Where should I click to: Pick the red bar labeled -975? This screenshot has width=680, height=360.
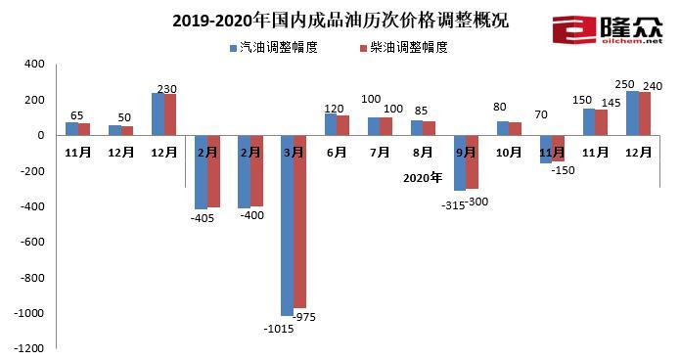coord(300,221)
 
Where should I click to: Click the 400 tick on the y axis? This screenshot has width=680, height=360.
coord(34,65)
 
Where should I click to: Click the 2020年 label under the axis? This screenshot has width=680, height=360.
coord(423,178)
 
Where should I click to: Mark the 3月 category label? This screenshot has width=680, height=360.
coord(294,154)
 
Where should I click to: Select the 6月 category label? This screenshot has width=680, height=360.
coord(337,154)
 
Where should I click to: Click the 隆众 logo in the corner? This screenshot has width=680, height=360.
coord(608,29)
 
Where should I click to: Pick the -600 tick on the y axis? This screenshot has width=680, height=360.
coord(32,242)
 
